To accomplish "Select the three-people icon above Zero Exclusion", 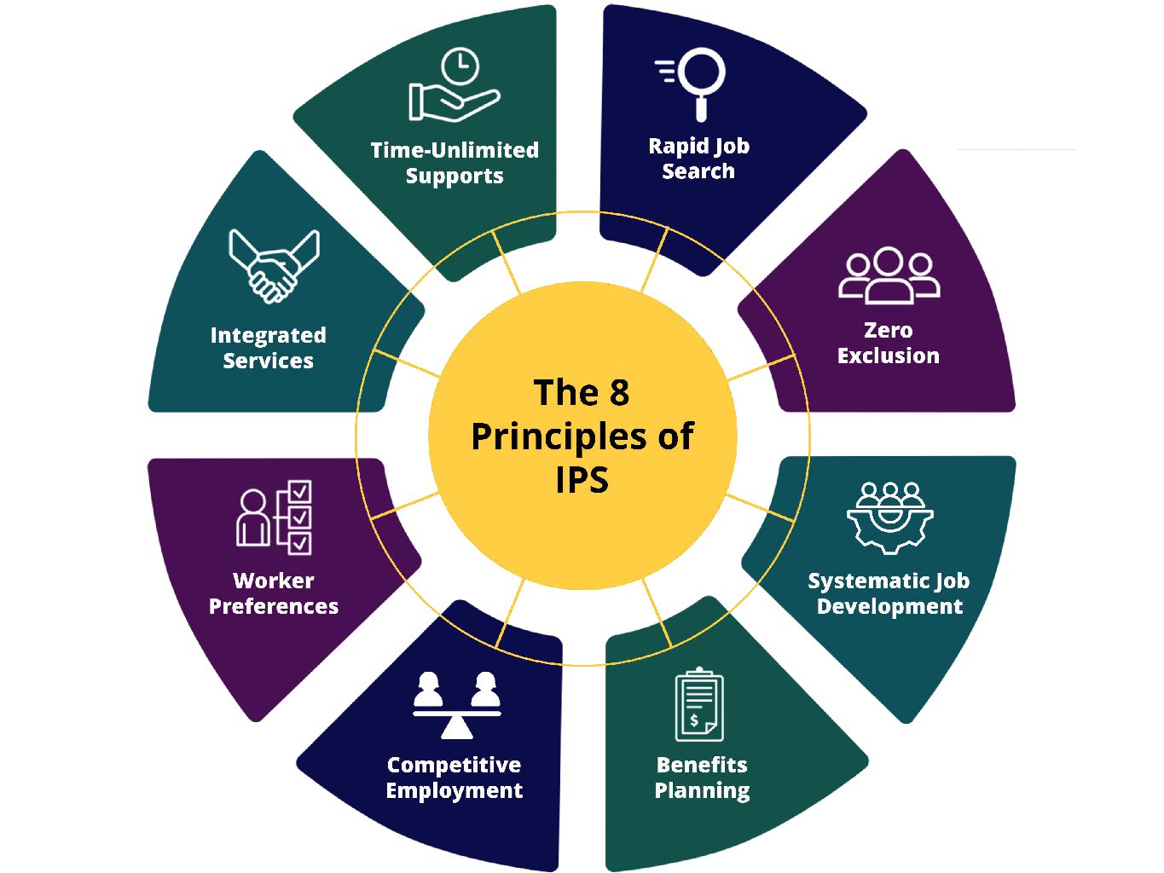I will [889, 276].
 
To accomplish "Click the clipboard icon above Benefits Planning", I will [699, 705].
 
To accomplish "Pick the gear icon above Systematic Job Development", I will [889, 518].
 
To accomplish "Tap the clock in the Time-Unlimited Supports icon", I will [460, 66].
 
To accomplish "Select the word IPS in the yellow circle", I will [582, 480].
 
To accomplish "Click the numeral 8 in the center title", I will [619, 393].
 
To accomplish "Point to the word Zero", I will [888, 330].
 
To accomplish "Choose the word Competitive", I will [454, 765].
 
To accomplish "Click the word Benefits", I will [701, 765].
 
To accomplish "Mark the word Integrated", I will [268, 335].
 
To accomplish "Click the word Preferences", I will [273, 606].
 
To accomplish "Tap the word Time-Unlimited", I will [455, 150].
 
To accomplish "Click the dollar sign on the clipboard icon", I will [694, 720].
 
